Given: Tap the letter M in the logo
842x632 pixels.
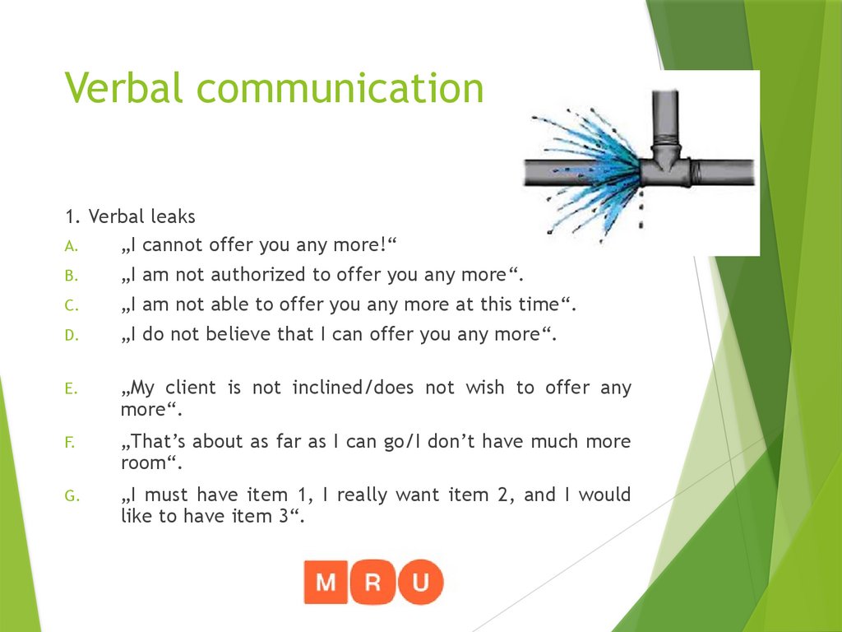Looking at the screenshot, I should click(326, 582).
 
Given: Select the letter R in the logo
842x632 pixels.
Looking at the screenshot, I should click(373, 582).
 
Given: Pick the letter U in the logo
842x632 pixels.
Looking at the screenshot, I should click(420, 582).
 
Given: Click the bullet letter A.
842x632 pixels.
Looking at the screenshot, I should click(70, 246).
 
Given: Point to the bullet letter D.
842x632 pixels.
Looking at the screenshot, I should click(70, 336).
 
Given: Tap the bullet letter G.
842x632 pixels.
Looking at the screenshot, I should click(71, 496).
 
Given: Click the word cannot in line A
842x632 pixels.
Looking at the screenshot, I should click(173, 245).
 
